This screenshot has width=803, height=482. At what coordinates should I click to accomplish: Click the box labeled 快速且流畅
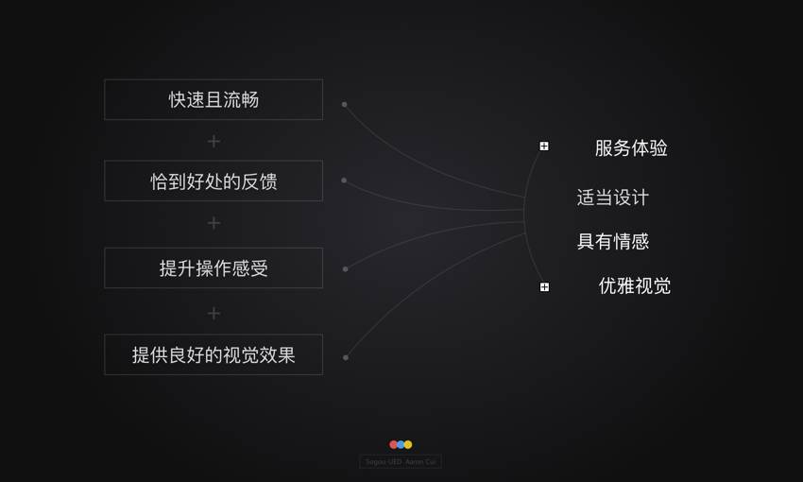click(x=214, y=99)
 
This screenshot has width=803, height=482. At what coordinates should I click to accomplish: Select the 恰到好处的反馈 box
click(x=214, y=181)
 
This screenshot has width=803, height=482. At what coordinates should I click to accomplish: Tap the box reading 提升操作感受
click(x=214, y=267)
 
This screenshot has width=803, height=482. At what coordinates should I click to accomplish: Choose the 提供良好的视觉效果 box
click(x=214, y=354)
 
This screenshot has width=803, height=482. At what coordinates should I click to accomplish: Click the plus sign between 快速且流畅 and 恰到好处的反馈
click(x=214, y=141)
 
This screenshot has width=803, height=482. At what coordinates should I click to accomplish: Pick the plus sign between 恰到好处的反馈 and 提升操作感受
click(x=214, y=223)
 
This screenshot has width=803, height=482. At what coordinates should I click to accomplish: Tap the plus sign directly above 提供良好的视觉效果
click(x=214, y=313)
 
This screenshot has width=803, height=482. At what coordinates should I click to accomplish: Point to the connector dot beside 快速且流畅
click(x=344, y=104)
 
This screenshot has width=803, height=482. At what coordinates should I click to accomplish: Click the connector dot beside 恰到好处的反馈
click(x=344, y=180)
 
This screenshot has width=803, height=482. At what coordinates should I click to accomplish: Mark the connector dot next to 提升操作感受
click(x=345, y=268)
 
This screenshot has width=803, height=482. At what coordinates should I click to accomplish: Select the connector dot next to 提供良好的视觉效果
click(x=346, y=357)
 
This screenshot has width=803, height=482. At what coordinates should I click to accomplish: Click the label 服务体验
click(x=631, y=148)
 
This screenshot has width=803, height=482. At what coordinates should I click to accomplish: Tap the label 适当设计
click(x=613, y=198)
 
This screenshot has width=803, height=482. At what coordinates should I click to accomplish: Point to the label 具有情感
click(x=613, y=241)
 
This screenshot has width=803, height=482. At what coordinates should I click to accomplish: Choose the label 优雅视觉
click(x=635, y=285)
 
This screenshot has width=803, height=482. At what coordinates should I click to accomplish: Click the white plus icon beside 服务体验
click(x=544, y=146)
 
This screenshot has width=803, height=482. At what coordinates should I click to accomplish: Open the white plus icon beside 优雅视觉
click(x=544, y=286)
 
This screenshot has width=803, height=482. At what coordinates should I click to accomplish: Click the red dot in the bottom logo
click(x=394, y=444)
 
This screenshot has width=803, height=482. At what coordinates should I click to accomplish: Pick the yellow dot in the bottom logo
click(x=408, y=444)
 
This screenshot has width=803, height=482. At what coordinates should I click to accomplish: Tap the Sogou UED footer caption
click(x=401, y=462)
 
